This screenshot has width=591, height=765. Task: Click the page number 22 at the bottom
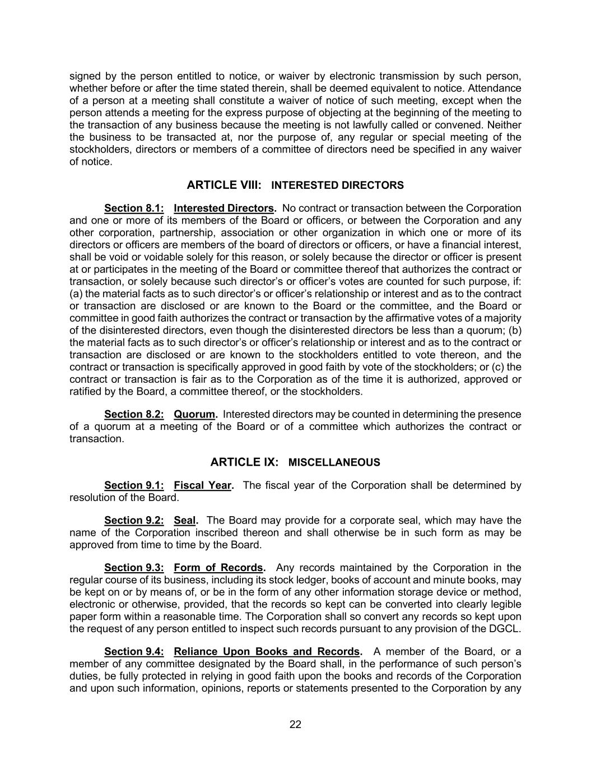(x=295, y=724)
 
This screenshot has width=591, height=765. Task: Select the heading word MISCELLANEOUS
(x=334, y=462)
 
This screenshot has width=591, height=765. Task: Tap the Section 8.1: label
(x=134, y=208)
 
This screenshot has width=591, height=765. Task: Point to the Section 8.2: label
(x=134, y=414)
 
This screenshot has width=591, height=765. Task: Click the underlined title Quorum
(x=194, y=414)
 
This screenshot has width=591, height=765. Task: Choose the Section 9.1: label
(x=134, y=485)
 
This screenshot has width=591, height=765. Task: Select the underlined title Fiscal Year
(x=203, y=485)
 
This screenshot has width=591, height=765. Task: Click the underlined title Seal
(x=185, y=520)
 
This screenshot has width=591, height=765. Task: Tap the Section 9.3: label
(x=134, y=568)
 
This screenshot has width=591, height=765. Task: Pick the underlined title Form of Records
(x=218, y=568)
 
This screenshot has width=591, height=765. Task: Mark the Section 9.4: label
(x=134, y=651)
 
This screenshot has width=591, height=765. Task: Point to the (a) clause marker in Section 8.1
(x=76, y=294)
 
